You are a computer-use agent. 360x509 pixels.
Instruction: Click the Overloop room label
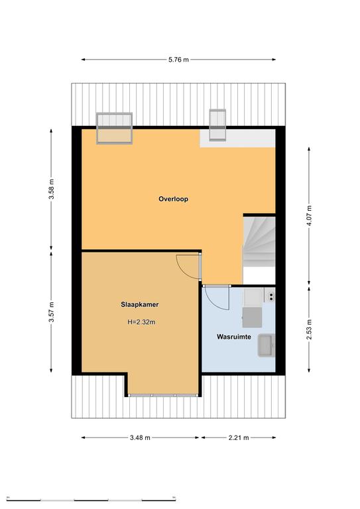tap(173, 199)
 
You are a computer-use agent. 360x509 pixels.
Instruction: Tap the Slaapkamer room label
tap(140, 304)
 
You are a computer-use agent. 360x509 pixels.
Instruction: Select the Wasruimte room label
tap(234, 337)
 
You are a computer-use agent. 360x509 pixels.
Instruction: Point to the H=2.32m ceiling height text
tap(141, 322)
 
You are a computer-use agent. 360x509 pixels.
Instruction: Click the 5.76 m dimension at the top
tap(178, 60)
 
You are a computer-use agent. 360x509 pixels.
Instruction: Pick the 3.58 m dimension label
tap(51, 190)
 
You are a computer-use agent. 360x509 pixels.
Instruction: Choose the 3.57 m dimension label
tap(51, 312)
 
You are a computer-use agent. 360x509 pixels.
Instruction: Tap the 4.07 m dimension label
tap(309, 217)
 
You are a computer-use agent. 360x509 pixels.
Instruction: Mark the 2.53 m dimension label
tap(309, 329)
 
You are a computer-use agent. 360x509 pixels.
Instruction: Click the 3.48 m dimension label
tap(140, 437)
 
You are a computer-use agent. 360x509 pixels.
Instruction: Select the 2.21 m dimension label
tap(239, 437)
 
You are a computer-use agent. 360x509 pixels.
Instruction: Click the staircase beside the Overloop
tap(259, 242)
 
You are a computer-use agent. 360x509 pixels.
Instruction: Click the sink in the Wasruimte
tap(266, 346)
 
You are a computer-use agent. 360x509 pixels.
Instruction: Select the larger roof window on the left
tap(114, 128)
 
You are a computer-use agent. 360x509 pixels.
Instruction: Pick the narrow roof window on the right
tap(217, 125)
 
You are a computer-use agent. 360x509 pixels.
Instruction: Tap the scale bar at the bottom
tap(91, 499)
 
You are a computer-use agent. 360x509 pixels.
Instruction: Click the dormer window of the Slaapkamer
tap(163, 396)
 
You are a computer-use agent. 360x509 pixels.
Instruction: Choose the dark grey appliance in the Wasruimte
tap(252, 317)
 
